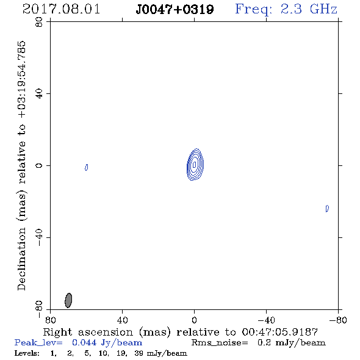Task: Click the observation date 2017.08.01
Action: [x=61, y=9]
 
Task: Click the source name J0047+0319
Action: [x=175, y=10]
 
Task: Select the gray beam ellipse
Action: [x=68, y=300]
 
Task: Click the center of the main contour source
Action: [x=195, y=164]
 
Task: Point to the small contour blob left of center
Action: [x=86, y=167]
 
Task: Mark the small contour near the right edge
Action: [x=327, y=209]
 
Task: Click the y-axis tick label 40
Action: [x=39, y=94]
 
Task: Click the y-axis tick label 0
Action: [x=39, y=165]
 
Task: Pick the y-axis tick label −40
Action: [x=39, y=237]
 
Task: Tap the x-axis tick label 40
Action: [x=122, y=320]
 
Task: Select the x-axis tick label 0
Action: [x=194, y=320]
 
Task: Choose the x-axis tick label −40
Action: [x=266, y=320]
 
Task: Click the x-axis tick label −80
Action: [x=338, y=320]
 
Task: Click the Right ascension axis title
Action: [x=180, y=332]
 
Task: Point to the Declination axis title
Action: [x=21, y=165]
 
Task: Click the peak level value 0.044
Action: [x=84, y=342]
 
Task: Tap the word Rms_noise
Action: [x=220, y=343]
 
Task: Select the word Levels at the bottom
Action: [x=27, y=353]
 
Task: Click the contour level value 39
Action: [x=139, y=353]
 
